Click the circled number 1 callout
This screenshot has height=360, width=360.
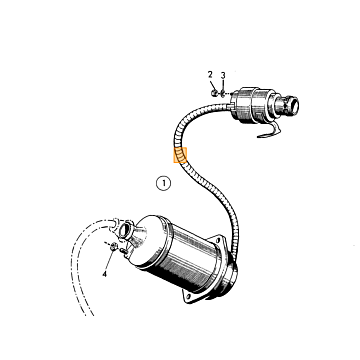click(163, 183)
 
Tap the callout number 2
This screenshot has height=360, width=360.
click(210, 74)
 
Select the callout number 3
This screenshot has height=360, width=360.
click(223, 75)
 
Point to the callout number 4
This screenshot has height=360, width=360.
click(104, 274)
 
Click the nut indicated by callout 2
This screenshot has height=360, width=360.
click(214, 93)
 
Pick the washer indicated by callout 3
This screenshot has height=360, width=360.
click(223, 94)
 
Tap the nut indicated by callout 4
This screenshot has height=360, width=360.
click(113, 246)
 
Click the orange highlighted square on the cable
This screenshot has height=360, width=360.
click(180, 155)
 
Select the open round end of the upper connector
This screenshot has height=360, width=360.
click(294, 105)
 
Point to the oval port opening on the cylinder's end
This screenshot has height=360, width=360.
click(125, 230)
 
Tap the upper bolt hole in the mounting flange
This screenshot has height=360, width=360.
click(218, 239)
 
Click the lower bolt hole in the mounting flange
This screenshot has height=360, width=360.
click(189, 296)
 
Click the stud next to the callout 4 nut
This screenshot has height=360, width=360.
click(124, 251)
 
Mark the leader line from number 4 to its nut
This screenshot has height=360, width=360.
click(109, 261)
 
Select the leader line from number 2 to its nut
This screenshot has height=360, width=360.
click(212, 84)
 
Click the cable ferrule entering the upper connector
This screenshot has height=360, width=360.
click(231, 106)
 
